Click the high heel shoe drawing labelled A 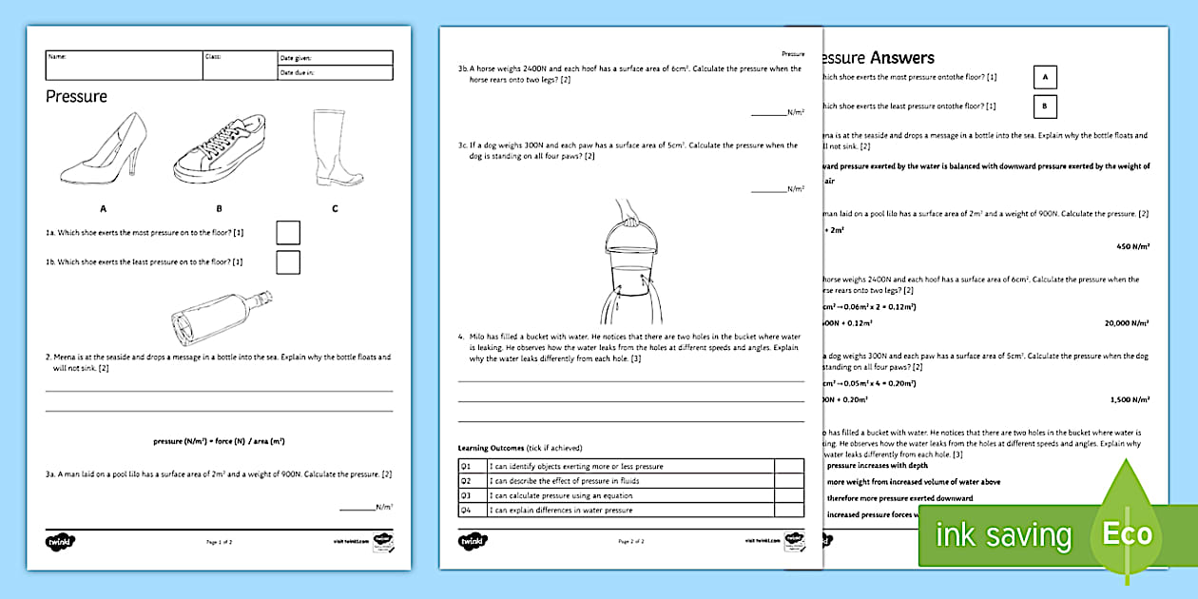pos(103,150)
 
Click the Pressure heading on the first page pos(77,96)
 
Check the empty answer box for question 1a pos(287,233)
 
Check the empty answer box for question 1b pos(287,261)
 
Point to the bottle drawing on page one pos(220,318)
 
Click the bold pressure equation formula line pos(219,441)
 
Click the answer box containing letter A pos(1045,77)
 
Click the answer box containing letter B pos(1045,106)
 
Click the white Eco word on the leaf pos(1127,533)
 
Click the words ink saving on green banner pos(1003,535)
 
